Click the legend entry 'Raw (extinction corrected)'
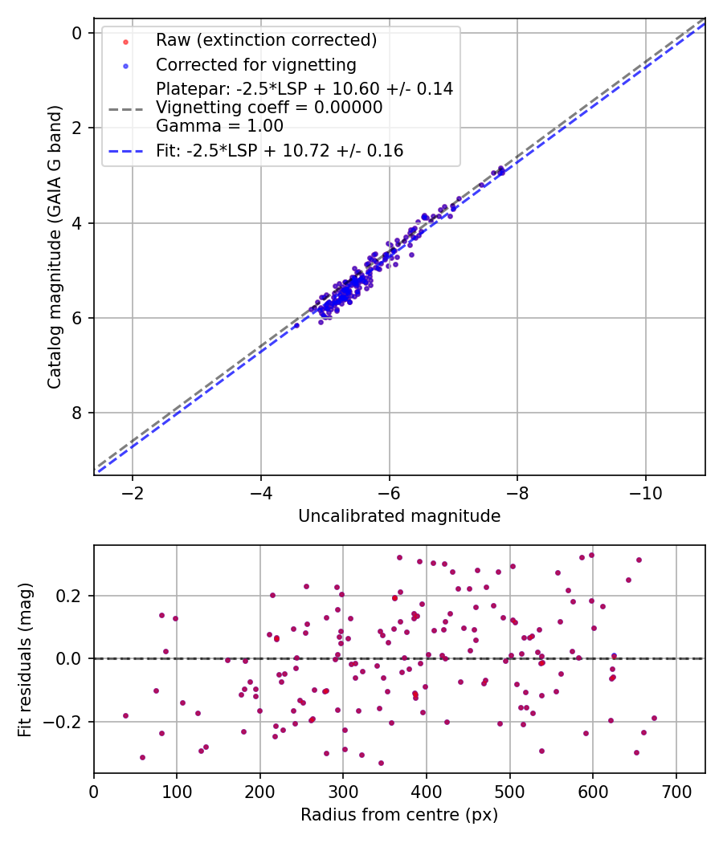pos(266,40)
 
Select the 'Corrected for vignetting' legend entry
pos(255,64)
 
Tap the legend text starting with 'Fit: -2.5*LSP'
pos(279,150)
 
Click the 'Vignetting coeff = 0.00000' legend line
pos(269,108)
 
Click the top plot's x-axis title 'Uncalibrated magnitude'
pos(399,516)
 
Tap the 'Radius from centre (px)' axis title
pos(399,815)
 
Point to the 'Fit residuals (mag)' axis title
pos(25,659)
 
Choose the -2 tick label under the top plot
pos(133,492)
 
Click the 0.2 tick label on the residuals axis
pos(69,596)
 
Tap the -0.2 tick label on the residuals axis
pos(64,722)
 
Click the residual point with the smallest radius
pos(125,715)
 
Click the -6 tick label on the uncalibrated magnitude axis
pos(389,492)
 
